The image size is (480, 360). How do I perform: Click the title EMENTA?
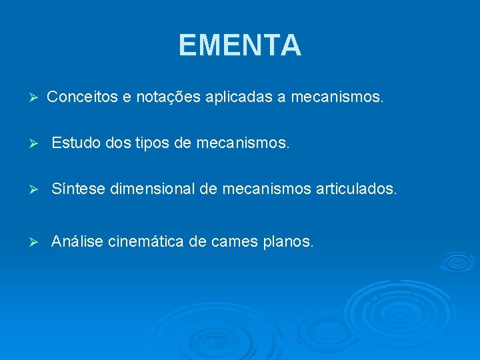coord(240,46)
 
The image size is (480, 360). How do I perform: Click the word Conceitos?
coord(83,97)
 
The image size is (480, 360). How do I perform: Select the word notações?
coord(166,97)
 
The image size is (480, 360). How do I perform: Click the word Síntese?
coord(79,190)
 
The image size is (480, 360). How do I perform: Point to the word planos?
coord(287,241)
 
